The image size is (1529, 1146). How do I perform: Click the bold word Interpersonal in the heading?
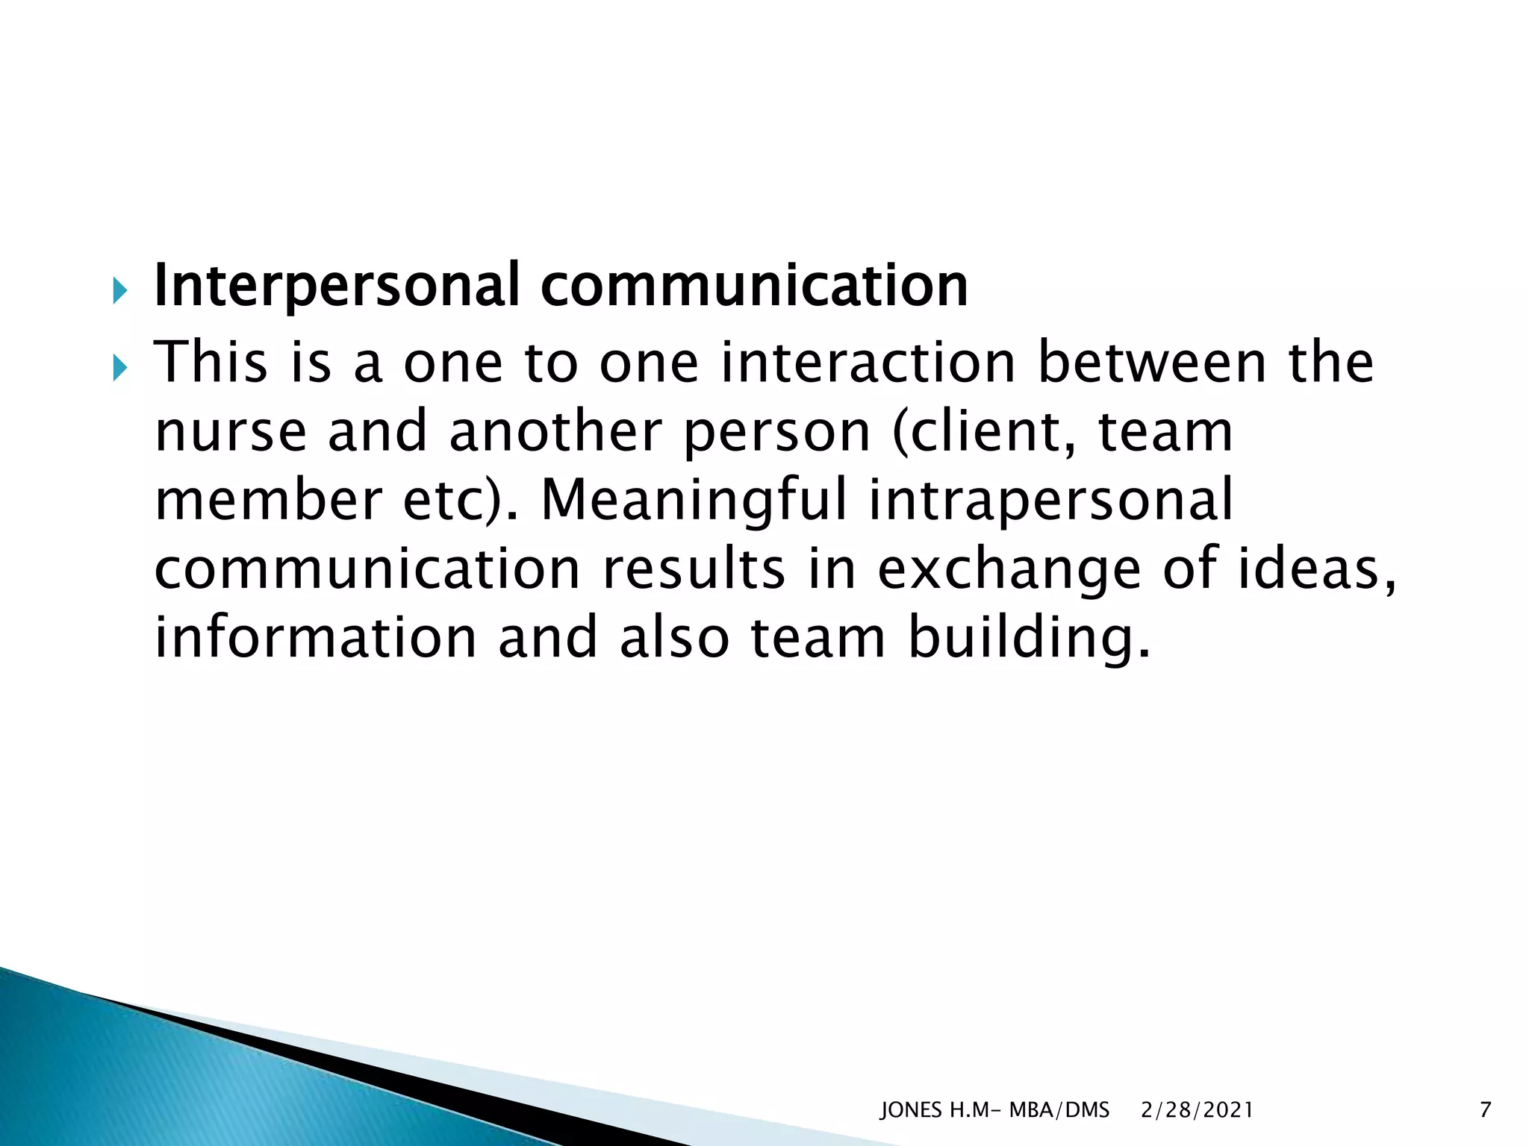pos(336,286)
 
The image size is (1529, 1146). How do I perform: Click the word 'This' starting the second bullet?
pos(211,363)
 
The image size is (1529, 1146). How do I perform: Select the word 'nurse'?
pos(231,432)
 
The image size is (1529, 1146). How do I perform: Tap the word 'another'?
pos(555,432)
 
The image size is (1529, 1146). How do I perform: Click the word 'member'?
pos(268,501)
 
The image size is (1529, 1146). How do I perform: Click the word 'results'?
pos(694,569)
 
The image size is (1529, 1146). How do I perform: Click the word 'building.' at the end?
pos(1030,638)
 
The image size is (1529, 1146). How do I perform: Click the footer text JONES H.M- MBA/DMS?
pos(994,1111)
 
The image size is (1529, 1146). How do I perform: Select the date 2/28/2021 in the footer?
pos(1197,1111)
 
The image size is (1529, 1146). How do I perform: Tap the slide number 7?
pos(1485,1111)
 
